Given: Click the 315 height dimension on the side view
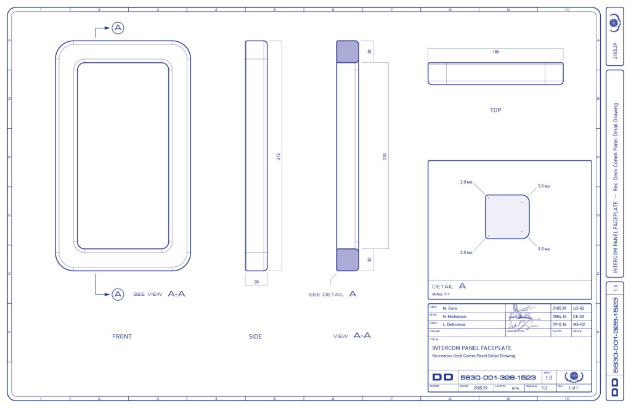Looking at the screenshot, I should click(279, 156).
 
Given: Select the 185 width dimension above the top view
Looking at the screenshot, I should click(495, 52).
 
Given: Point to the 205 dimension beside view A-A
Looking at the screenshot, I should click(385, 156).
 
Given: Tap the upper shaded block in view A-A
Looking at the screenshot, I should click(347, 51).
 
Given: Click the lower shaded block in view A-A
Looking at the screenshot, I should click(347, 259).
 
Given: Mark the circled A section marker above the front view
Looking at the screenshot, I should click(118, 28).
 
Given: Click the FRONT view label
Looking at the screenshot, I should click(121, 337).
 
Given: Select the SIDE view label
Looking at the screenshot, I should click(255, 337).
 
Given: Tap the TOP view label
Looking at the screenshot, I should click(495, 110).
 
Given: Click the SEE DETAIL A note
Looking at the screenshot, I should click(332, 295).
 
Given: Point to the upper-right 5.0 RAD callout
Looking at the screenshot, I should click(543, 186).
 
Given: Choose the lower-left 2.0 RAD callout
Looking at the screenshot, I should click(466, 252).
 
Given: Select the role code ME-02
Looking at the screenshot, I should click(578, 325).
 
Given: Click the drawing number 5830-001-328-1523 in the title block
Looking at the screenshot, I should click(498, 377).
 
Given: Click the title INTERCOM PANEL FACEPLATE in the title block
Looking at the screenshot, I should click(471, 348).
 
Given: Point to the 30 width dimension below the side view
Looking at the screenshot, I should click(256, 282).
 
